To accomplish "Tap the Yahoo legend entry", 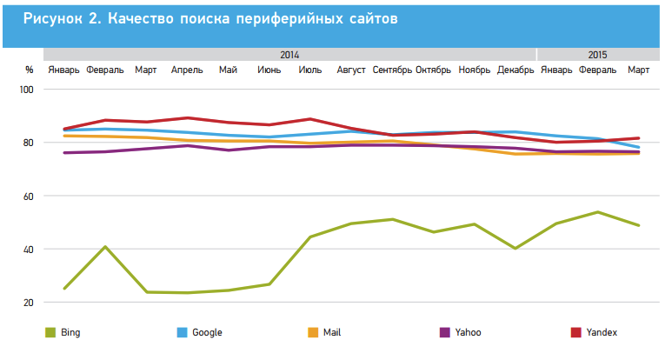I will click(x=469, y=332).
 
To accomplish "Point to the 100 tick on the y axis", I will click(x=26, y=90).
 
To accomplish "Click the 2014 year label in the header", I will click(x=290, y=54).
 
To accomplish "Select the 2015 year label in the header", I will click(x=598, y=54).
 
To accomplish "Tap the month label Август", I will click(x=351, y=70).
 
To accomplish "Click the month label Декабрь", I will click(x=515, y=70).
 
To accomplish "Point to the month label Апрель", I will click(x=187, y=70).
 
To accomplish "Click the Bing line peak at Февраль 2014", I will click(x=105, y=247).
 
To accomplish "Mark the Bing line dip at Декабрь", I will click(x=516, y=249).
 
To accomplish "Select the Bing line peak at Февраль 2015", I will click(x=598, y=212).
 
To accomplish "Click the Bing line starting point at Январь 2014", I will click(x=64, y=288).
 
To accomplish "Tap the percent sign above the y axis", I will click(x=29, y=70).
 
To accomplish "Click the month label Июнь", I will click(x=269, y=70).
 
